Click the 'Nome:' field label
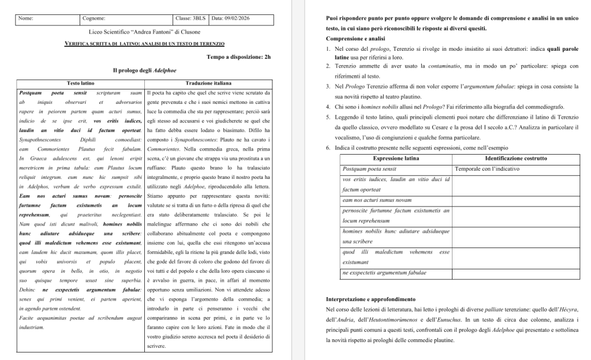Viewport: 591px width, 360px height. coord(26,18)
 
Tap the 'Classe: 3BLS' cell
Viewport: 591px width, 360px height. coord(191,18)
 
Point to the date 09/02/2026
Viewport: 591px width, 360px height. coord(233,18)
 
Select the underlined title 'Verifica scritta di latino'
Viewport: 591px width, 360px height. coord(145,44)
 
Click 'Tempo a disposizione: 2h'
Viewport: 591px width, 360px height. coord(238,57)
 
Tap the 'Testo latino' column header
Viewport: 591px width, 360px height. coord(80,83)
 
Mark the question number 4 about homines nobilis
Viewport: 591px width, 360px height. coord(328,107)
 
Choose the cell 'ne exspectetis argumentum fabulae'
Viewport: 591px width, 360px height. coord(384,272)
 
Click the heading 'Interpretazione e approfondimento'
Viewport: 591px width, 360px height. coord(371,299)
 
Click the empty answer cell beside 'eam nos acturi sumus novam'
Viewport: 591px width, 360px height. coord(515,200)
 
